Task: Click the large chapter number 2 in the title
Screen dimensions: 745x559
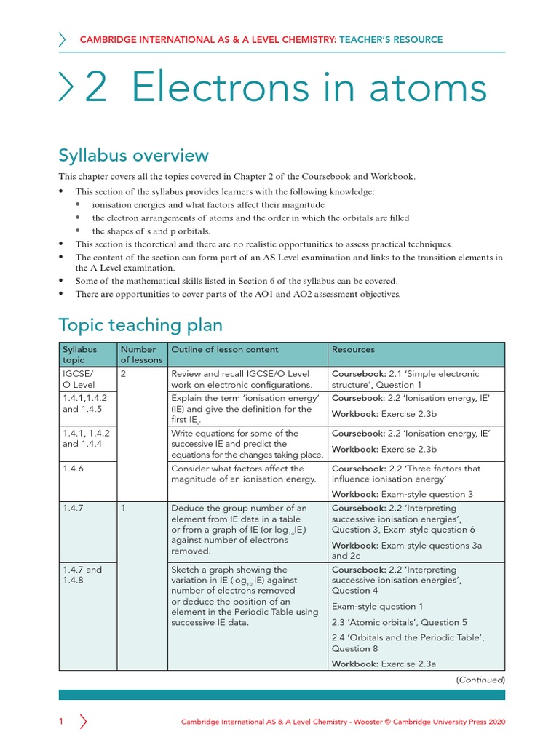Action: tap(95, 89)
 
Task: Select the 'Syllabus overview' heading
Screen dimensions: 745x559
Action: tap(133, 155)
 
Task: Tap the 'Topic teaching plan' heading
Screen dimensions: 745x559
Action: tap(140, 324)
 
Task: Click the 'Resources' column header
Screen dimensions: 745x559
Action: tap(354, 350)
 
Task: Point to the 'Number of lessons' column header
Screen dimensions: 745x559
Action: tap(142, 355)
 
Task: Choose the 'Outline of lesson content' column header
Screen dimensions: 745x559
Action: tap(215, 350)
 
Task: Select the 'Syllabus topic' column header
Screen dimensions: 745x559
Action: tap(80, 355)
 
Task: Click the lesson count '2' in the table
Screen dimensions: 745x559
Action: tap(124, 374)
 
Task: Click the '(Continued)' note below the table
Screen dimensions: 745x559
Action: tap(480, 680)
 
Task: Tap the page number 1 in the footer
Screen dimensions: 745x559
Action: tap(62, 722)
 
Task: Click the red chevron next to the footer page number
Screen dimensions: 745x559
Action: tap(83, 722)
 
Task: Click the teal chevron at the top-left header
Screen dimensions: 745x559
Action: tap(63, 39)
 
